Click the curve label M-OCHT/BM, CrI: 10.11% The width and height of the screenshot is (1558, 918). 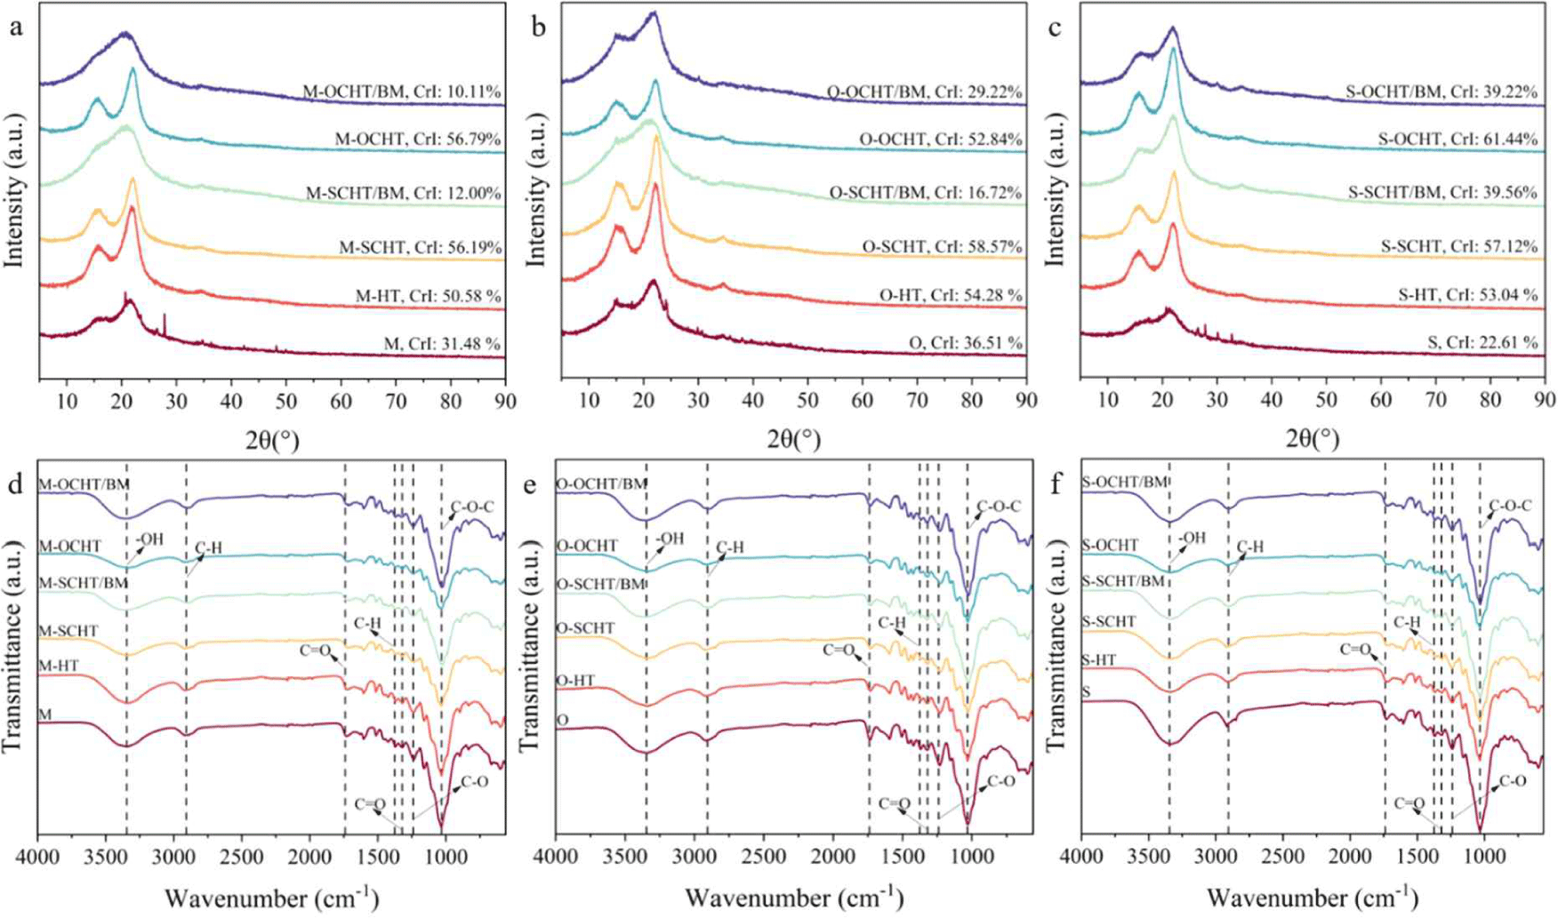[402, 92]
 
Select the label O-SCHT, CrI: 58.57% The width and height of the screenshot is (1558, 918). [942, 246]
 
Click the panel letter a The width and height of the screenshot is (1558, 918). [15, 28]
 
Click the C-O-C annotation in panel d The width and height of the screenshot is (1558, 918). [472, 507]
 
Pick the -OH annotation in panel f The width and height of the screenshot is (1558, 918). [1192, 538]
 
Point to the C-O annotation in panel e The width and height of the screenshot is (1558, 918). [1001, 781]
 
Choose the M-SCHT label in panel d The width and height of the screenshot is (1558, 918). [68, 631]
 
